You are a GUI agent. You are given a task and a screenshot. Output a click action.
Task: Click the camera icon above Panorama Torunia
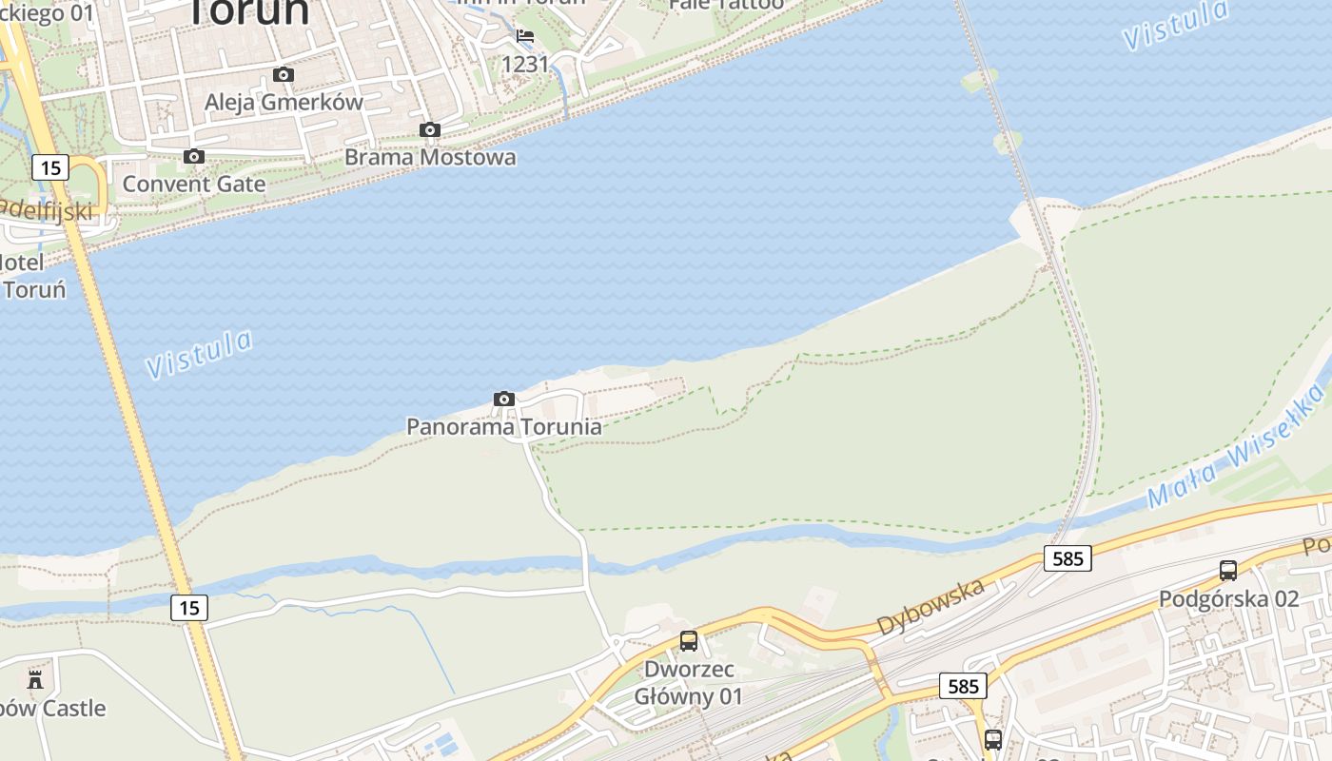pyautogui.click(x=504, y=399)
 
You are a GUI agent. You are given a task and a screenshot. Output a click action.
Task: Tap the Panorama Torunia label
pyautogui.click(x=504, y=426)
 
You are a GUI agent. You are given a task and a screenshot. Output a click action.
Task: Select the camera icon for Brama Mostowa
pyautogui.click(x=430, y=129)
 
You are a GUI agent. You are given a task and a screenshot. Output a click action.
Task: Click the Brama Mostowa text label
pyautogui.click(x=430, y=157)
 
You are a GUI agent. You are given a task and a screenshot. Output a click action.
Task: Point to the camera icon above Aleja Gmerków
pyautogui.click(x=284, y=74)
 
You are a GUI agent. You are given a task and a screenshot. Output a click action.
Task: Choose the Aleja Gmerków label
pyautogui.click(x=284, y=102)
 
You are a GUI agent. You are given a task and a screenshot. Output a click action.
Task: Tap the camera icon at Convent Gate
pyautogui.click(x=194, y=156)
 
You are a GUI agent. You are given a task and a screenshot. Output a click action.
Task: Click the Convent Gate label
pyautogui.click(x=194, y=184)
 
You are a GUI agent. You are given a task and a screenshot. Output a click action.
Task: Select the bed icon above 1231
pyautogui.click(x=525, y=37)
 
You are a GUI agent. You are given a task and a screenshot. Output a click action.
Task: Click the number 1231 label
pyautogui.click(x=525, y=64)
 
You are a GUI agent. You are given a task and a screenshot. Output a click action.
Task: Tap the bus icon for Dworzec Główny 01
pyautogui.click(x=689, y=641)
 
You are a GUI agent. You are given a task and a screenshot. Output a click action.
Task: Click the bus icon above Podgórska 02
pyautogui.click(x=1228, y=571)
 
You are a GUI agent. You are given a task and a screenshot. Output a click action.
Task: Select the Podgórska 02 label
pyautogui.click(x=1228, y=598)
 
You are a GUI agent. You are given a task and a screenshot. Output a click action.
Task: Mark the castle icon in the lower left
pyautogui.click(x=35, y=679)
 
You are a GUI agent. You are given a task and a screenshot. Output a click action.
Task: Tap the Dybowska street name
pyautogui.click(x=930, y=607)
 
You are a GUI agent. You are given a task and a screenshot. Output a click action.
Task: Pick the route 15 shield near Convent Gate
pyautogui.click(x=50, y=168)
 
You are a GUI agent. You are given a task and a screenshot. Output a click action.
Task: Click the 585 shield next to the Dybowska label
pyautogui.click(x=1068, y=558)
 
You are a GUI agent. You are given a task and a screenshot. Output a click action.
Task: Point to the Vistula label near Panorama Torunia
pyautogui.click(x=201, y=353)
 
